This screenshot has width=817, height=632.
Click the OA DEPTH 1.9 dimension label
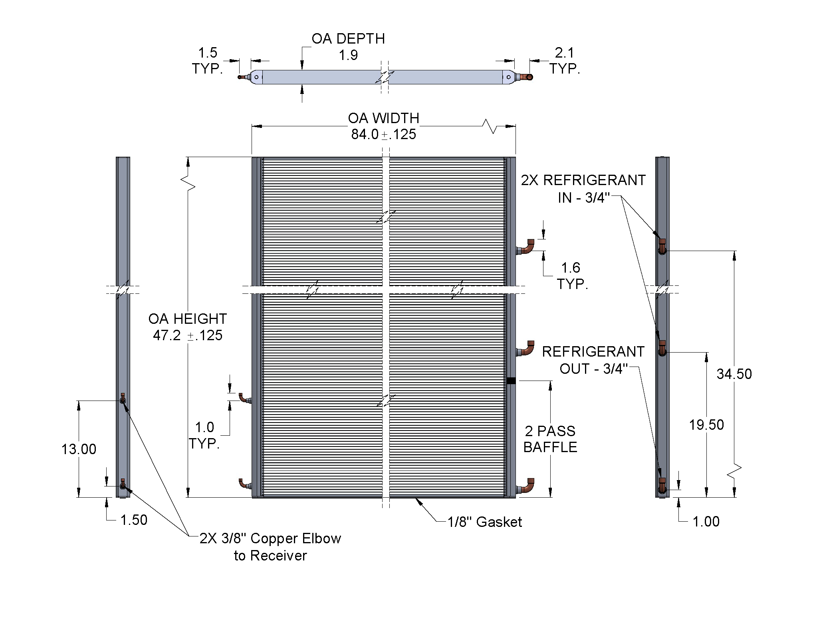click(x=348, y=47)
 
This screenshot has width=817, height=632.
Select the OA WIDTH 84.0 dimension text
click(x=383, y=126)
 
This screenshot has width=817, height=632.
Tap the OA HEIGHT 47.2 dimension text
click(x=188, y=327)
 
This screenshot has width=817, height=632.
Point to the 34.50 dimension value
click(x=734, y=374)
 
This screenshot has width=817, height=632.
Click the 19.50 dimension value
click(x=706, y=425)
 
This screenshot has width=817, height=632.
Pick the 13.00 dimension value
click(x=79, y=449)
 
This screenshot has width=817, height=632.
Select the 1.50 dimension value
click(x=134, y=520)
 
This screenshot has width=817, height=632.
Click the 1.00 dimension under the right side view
click(x=706, y=521)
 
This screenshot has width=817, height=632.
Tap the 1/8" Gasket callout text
click(x=485, y=522)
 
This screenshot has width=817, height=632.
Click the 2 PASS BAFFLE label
click(x=550, y=439)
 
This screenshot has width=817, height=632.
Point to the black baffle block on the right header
click(x=511, y=381)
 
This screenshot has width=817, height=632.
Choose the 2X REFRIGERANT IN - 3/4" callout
click(x=583, y=188)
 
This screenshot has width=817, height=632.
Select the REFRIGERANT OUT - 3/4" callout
click(x=593, y=360)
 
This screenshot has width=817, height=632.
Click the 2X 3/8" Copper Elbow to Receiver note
click(x=270, y=547)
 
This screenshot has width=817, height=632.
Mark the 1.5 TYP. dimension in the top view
click(x=208, y=61)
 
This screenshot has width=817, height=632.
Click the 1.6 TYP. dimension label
click(x=571, y=276)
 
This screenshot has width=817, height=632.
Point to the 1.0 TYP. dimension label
click(x=204, y=435)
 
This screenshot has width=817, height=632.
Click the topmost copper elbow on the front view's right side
click(x=527, y=247)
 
